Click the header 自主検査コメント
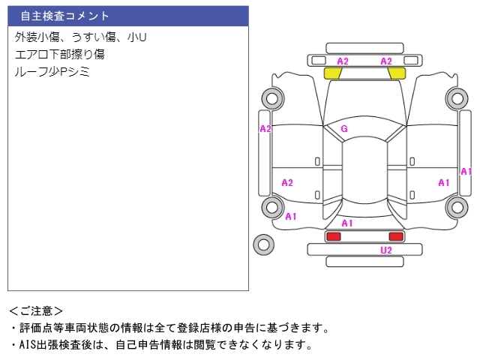coord(64,16)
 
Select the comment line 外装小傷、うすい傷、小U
coord(80,37)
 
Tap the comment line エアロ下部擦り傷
coord(60,54)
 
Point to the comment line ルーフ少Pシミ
coord(52,72)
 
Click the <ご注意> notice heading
coord(36,311)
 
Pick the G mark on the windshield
coord(344,129)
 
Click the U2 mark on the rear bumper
coord(386,250)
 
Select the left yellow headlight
coord(333,73)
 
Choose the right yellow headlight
coord(397,73)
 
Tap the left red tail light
coord(333,236)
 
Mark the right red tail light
coord(396,236)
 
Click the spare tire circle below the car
coord(263,244)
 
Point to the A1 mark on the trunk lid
coord(347,223)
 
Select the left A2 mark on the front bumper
coord(343,61)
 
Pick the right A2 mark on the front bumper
coord(386,61)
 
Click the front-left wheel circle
coord(272,98)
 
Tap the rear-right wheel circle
coord(457,207)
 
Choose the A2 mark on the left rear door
coord(287,183)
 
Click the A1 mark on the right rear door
coord(444,183)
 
